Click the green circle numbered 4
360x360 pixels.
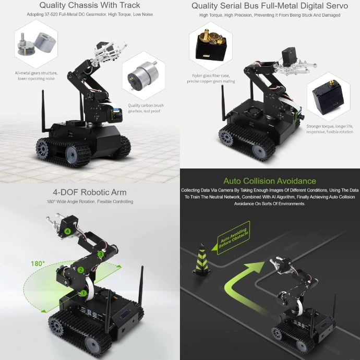tap(67, 231)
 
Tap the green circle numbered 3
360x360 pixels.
tap(101, 254)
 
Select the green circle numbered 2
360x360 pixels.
tap(80, 270)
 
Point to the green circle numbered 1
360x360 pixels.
tap(83, 293)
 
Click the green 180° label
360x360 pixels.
tap(38, 263)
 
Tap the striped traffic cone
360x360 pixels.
tap(201, 259)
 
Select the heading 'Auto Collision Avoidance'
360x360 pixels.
tap(270, 181)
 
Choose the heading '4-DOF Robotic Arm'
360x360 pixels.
tap(90, 192)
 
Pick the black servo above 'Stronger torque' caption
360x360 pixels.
tap(328, 98)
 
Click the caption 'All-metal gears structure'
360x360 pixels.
tap(37, 73)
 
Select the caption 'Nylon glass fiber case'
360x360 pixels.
tap(211, 76)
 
